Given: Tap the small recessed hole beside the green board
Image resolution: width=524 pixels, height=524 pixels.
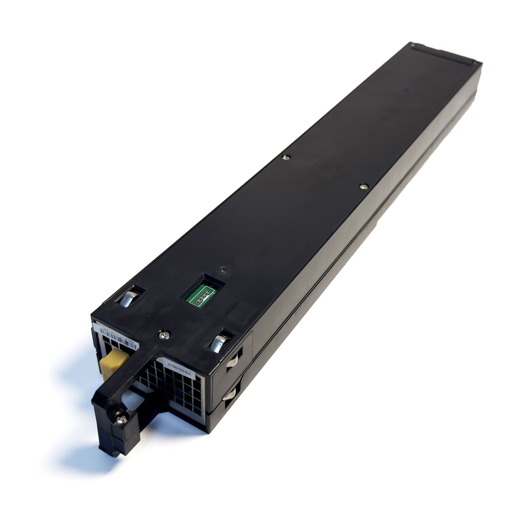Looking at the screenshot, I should pyautogui.click(x=222, y=271).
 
